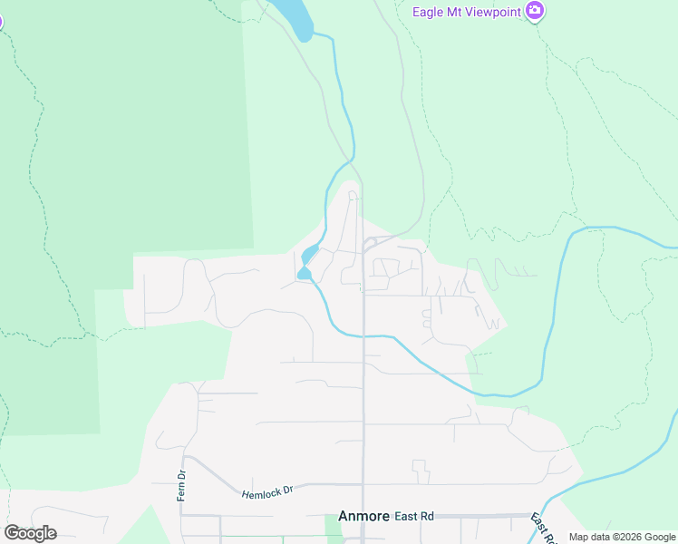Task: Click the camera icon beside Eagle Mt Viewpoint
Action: (536, 11)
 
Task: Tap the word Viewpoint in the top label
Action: (494, 12)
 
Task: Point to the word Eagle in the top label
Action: (427, 12)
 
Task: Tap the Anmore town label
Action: (363, 515)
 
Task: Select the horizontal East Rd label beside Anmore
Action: (414, 516)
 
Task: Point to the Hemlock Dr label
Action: (268, 491)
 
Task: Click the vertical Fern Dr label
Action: (182, 486)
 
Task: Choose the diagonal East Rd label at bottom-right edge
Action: (542, 528)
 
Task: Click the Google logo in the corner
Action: (30, 532)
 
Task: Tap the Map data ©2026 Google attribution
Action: (622, 537)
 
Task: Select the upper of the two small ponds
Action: (309, 253)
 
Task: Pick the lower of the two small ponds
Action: (304, 273)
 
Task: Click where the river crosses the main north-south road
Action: (363, 336)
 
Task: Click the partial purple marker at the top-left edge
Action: (1, 21)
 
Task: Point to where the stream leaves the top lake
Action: (312, 35)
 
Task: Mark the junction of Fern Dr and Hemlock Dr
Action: (185, 457)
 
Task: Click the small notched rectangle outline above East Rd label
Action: (420, 471)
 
